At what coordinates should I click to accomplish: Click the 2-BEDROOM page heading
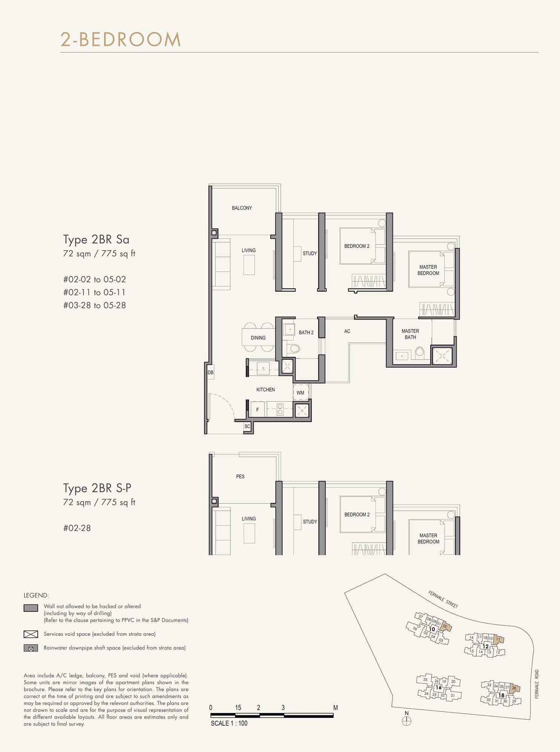(121, 40)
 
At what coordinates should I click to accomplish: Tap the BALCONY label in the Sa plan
(242, 208)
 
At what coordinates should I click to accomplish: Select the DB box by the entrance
(210, 373)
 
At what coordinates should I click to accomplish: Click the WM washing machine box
(301, 393)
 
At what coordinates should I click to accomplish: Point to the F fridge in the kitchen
(258, 410)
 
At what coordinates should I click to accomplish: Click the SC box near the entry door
(247, 426)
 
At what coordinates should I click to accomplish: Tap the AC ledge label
(347, 331)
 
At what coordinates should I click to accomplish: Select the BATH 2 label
(306, 332)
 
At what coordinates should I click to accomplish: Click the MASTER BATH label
(410, 334)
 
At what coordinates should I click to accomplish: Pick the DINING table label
(258, 338)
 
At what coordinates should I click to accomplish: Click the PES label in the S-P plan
(240, 477)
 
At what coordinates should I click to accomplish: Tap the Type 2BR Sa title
(96, 240)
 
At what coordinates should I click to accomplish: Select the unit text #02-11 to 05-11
(94, 292)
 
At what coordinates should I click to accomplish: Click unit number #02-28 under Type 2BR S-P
(77, 528)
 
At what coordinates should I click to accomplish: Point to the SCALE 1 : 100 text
(229, 723)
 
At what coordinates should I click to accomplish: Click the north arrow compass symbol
(407, 721)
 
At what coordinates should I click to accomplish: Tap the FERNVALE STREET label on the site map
(443, 599)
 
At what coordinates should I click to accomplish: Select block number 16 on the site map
(438, 687)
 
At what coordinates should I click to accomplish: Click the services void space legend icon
(31, 634)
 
